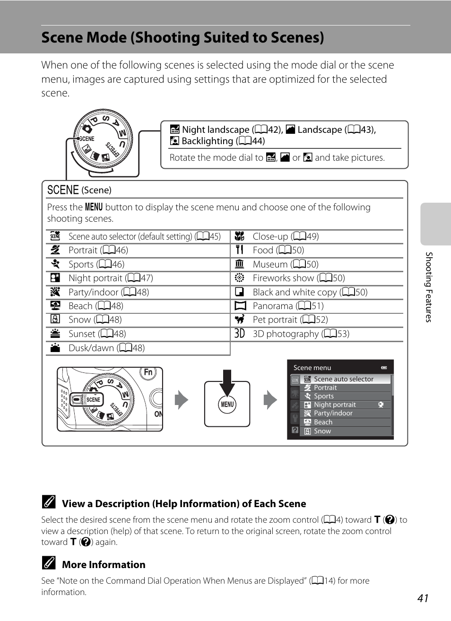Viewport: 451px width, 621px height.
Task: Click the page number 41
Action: [x=423, y=598]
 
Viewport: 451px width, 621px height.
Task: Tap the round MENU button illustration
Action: [x=227, y=405]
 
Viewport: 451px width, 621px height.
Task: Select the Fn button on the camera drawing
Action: [x=148, y=372]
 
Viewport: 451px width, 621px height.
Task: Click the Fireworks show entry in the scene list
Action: [x=298, y=278]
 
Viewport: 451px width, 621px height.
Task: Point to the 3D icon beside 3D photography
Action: [x=240, y=334]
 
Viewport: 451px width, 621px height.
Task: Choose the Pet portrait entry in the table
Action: [x=290, y=320]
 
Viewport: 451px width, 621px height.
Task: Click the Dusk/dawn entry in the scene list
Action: [x=106, y=348]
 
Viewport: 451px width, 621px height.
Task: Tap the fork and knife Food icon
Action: [x=240, y=250]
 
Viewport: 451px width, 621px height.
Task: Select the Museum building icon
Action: [x=240, y=264]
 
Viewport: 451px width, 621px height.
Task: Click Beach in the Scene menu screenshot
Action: [x=323, y=423]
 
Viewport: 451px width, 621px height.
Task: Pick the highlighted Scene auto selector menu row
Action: [x=343, y=379]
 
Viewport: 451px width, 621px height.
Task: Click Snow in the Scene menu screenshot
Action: [x=322, y=431]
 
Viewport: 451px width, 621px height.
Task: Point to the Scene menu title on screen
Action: [x=312, y=368]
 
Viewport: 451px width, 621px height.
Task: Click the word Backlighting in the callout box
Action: [x=207, y=141]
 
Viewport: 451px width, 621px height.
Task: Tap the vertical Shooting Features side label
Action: [x=429, y=287]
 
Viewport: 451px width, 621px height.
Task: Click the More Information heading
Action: [x=104, y=565]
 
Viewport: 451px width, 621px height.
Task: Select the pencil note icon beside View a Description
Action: [x=48, y=502]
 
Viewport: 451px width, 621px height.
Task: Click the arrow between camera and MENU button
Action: [x=182, y=400]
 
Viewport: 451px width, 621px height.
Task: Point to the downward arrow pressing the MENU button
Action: [x=227, y=382]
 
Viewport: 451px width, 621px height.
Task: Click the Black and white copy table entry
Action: [x=310, y=293]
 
